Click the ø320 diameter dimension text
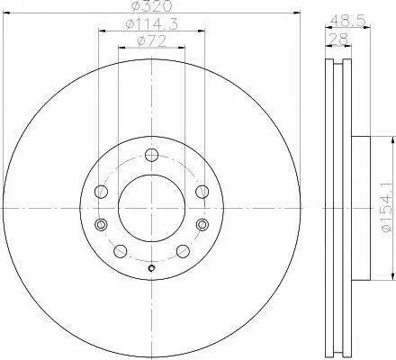[152, 6]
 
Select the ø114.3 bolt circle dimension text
[152, 24]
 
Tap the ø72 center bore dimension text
[151, 41]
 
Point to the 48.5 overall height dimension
[348, 21]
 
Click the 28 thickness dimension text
[338, 39]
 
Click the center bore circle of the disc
[151, 207]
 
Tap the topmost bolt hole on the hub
[151, 155]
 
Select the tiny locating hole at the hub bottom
[151, 268]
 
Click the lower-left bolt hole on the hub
[121, 251]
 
